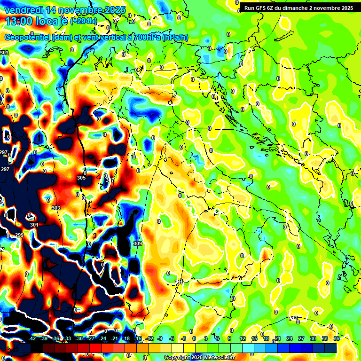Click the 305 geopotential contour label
pyautogui.click(x=81, y=178)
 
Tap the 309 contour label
pyautogui.click(x=137, y=243)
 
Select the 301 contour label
pyautogui.click(x=34, y=225)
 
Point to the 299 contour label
pyautogui.click(x=19, y=235)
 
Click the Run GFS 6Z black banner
pyautogui.click(x=298, y=8)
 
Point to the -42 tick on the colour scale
pyautogui.click(x=32, y=338)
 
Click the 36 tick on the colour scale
pyautogui.click(x=337, y=338)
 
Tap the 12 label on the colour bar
pyautogui.click(x=242, y=338)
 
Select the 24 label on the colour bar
pyautogui.click(x=289, y=338)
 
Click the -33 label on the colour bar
pyautogui.click(x=67, y=338)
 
